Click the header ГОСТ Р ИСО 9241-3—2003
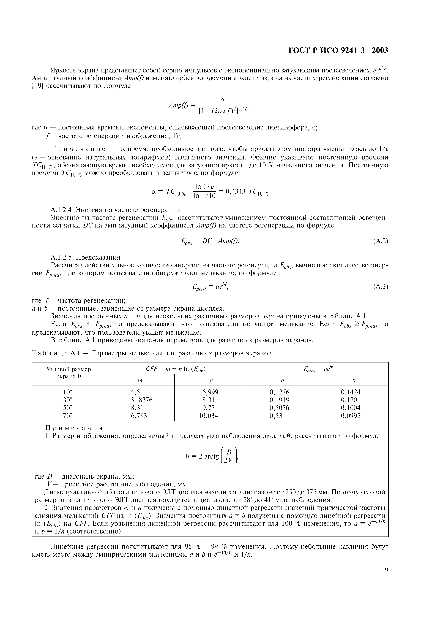[x=338, y=50]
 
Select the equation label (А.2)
[x=381, y=241]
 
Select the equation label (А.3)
[x=381, y=286]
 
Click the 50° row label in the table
[x=67, y=408]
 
